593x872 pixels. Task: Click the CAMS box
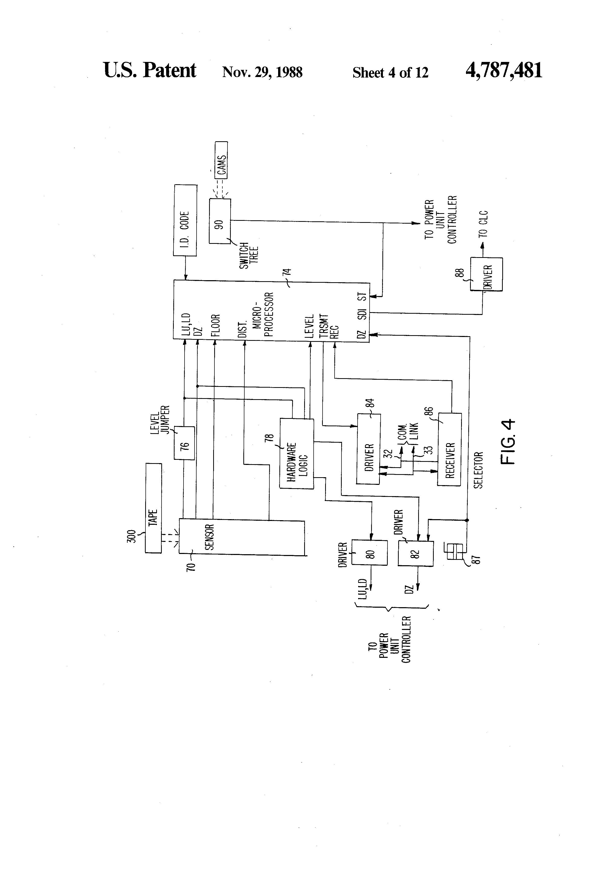221,160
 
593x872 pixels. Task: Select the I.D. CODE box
185,220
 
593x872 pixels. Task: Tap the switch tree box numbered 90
220,221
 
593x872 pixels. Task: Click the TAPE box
153,508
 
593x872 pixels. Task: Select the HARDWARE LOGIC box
296,453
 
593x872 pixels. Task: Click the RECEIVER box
449,450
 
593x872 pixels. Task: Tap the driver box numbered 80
369,553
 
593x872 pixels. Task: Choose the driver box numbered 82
416,554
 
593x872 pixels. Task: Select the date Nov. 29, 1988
263,72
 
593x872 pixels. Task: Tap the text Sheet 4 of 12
390,72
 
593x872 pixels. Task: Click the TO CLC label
483,224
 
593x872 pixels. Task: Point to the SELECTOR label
478,470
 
